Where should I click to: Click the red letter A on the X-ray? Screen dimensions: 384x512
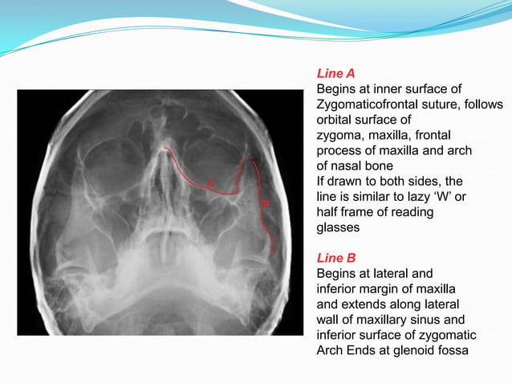(211, 184)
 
